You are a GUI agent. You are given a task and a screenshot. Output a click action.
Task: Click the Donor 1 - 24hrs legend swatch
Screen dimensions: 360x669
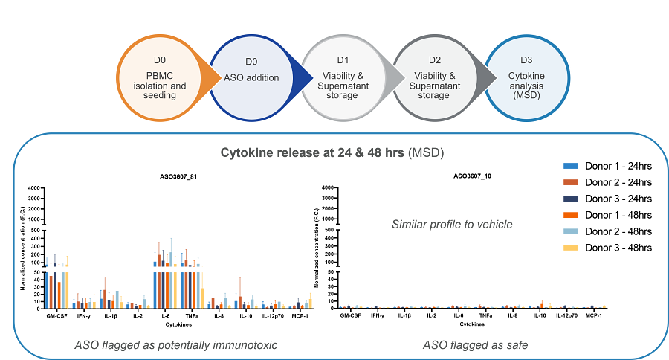pos(570,166)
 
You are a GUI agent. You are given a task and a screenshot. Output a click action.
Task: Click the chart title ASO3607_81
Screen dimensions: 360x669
pos(178,177)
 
